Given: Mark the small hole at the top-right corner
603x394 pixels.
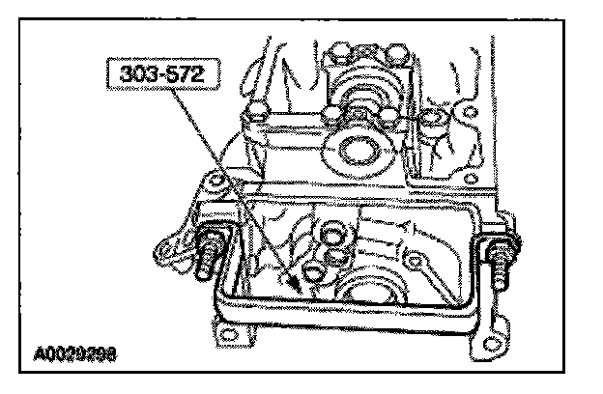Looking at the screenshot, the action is [470, 114].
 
